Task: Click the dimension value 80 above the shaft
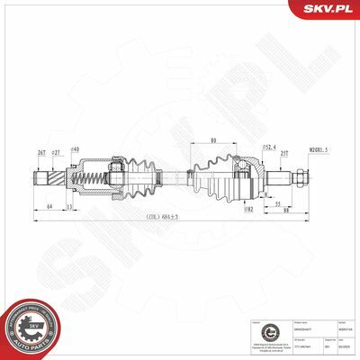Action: [x=211, y=139]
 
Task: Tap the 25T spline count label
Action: [x=284, y=153]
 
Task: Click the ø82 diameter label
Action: [x=247, y=209]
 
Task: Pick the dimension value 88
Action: [x=284, y=211]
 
